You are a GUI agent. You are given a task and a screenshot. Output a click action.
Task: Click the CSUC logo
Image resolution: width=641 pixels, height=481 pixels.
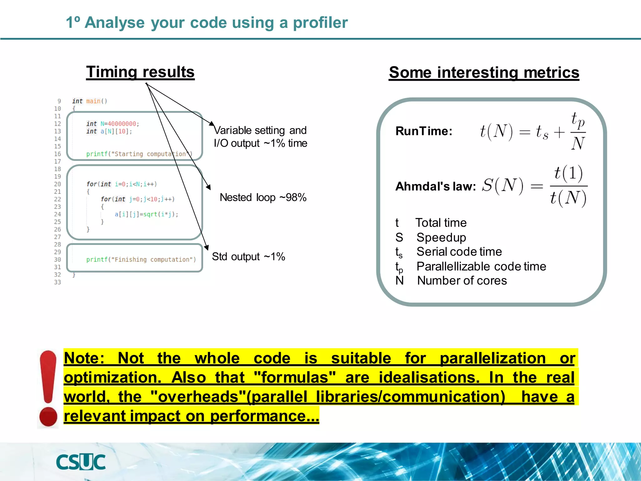pyautogui.click(x=81, y=462)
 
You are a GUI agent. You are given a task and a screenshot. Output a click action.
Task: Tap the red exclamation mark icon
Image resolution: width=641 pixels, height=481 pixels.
pyautogui.click(x=48, y=389)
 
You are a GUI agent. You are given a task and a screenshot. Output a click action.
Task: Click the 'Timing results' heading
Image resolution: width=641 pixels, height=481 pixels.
pyautogui.click(x=140, y=72)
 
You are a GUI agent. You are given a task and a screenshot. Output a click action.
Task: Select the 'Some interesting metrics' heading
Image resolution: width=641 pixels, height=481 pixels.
pyautogui.click(x=484, y=73)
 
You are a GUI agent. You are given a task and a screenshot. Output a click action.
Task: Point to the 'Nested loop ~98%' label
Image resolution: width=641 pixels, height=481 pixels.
pyautogui.click(x=263, y=198)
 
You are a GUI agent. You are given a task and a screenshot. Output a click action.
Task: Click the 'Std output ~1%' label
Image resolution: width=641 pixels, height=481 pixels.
pyautogui.click(x=249, y=257)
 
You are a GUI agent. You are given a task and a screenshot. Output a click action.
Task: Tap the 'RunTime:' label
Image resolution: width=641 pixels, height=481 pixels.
pyautogui.click(x=424, y=131)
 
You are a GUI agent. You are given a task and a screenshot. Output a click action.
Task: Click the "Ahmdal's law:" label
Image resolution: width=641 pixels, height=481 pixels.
pyautogui.click(x=435, y=187)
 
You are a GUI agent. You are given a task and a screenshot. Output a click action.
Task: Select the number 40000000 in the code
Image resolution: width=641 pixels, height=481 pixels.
pyautogui.click(x=122, y=124)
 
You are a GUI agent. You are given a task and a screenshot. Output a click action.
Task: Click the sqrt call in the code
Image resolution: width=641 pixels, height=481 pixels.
pyautogui.click(x=150, y=215)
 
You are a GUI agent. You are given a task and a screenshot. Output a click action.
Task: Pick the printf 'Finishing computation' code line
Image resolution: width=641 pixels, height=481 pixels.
pyautogui.click(x=141, y=260)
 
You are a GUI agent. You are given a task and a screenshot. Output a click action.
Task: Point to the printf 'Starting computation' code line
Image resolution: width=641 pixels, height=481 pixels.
pyautogui.click(x=139, y=154)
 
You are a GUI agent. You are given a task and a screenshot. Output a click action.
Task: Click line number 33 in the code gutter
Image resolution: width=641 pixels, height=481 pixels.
pyautogui.click(x=58, y=282)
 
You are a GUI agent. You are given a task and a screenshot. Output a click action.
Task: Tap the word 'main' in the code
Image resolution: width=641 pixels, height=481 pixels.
pyautogui.click(x=93, y=101)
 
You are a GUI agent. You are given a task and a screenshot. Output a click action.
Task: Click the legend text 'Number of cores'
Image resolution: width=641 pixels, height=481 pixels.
pyautogui.click(x=462, y=281)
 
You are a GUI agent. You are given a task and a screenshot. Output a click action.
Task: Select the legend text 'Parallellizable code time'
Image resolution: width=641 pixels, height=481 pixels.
pyautogui.click(x=481, y=266)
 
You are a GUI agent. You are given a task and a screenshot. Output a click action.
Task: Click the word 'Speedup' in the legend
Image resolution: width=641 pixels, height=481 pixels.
pyautogui.click(x=441, y=237)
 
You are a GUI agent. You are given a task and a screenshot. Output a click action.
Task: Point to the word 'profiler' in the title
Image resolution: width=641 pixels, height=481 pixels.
pyautogui.click(x=320, y=23)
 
